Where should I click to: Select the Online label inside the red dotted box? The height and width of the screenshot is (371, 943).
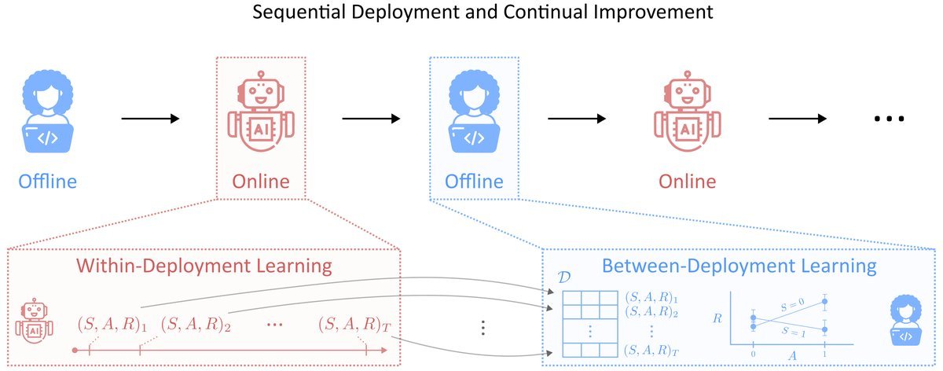[x=260, y=182]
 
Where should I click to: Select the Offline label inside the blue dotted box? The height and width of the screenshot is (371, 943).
[x=474, y=182]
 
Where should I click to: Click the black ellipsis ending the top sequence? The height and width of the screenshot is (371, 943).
[x=890, y=119]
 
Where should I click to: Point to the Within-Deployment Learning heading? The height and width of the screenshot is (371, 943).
[x=204, y=266]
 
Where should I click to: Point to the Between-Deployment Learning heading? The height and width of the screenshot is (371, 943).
[x=738, y=266]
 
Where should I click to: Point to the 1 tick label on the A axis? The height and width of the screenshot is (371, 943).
[x=824, y=356]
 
